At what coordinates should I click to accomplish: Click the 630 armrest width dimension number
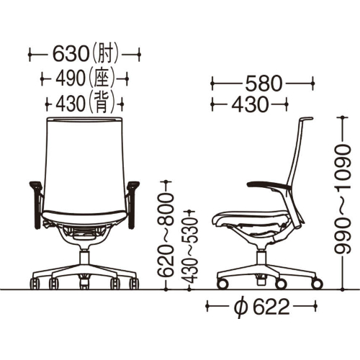(x=71, y=55)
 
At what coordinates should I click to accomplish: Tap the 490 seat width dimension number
(x=71, y=78)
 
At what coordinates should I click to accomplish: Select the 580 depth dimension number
(x=264, y=84)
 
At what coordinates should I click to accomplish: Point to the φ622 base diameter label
(x=261, y=307)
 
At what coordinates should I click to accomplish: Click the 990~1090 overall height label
(x=343, y=199)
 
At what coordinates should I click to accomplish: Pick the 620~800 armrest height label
(x=165, y=235)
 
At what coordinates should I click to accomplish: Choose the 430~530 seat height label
(x=189, y=250)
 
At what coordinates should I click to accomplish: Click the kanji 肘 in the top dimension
(x=106, y=55)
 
